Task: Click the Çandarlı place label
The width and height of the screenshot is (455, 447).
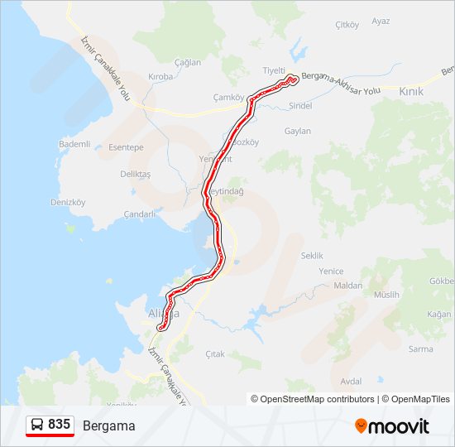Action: point(139,214)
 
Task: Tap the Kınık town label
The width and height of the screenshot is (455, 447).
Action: point(410,92)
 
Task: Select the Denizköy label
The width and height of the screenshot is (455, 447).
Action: point(68,202)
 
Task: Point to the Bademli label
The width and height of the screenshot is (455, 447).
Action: point(74,144)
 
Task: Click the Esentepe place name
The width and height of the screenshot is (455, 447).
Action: point(126,147)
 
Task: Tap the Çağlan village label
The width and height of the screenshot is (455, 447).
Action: point(188,63)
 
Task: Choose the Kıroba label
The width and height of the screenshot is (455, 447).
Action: point(160,77)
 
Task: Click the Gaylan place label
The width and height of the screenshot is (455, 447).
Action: point(298,132)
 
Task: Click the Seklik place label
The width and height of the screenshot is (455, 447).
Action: point(312,257)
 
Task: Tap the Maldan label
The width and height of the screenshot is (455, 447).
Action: point(348,286)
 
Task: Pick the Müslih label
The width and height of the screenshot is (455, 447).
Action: point(386,295)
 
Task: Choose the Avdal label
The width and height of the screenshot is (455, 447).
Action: point(351,382)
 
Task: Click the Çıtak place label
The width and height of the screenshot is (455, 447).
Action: point(215,354)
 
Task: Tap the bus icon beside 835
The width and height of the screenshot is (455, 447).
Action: point(37,425)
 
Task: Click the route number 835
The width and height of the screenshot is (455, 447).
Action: point(59,425)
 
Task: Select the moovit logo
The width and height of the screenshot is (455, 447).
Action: point(392,426)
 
